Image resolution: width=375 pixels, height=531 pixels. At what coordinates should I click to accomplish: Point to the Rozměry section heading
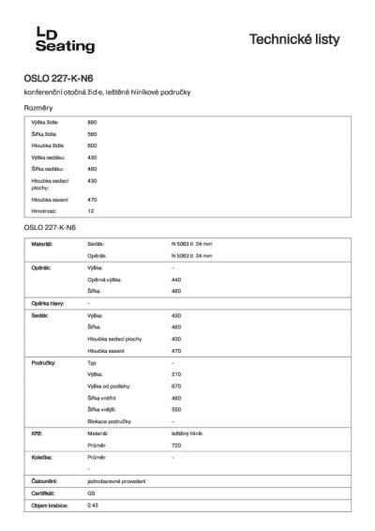38,109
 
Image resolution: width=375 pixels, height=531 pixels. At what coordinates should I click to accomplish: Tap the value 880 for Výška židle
92,123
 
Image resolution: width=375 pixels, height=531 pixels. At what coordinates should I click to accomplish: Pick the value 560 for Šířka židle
92,134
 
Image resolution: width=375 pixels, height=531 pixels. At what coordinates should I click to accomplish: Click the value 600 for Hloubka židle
92,145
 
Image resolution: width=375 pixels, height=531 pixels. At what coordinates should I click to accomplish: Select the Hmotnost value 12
90,211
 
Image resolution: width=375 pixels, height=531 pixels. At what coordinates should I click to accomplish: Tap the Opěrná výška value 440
176,280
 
